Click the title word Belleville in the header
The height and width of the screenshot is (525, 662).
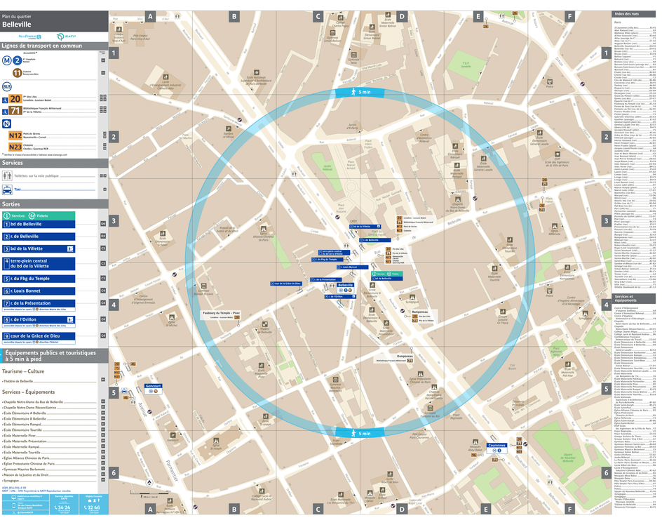click(17, 24)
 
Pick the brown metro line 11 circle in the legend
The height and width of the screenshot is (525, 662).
click(17, 72)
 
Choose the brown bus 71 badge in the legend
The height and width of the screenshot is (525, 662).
click(15, 110)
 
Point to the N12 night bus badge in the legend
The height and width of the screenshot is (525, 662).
click(15, 135)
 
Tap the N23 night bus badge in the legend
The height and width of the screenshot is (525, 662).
click(15, 147)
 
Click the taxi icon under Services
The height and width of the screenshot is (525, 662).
click(7, 189)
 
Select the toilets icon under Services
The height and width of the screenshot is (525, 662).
click(7, 175)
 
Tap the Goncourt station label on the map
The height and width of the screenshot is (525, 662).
click(153, 386)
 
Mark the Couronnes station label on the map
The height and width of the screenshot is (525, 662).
click(496, 445)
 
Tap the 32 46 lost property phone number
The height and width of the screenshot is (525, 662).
click(93, 507)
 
